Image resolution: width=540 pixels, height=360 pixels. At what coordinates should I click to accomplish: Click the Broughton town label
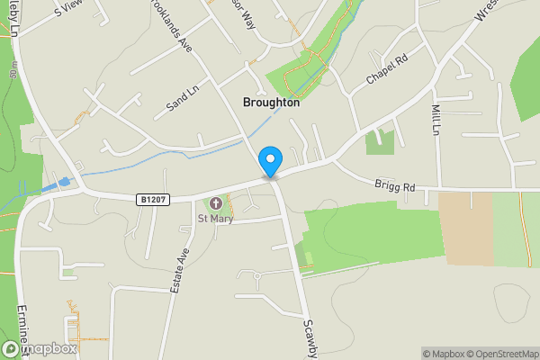271,103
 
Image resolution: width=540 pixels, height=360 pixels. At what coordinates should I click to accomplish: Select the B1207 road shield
153,198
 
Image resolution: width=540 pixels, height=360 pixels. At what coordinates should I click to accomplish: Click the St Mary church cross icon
216,203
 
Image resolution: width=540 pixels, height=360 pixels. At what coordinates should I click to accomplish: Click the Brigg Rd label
395,186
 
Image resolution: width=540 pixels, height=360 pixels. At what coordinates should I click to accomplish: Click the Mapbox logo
39,349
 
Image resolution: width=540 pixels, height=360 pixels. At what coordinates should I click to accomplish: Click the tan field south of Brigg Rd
465,229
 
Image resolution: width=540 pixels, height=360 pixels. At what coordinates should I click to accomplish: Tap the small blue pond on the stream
63,184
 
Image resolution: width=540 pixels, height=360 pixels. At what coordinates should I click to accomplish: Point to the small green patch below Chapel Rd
380,141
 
